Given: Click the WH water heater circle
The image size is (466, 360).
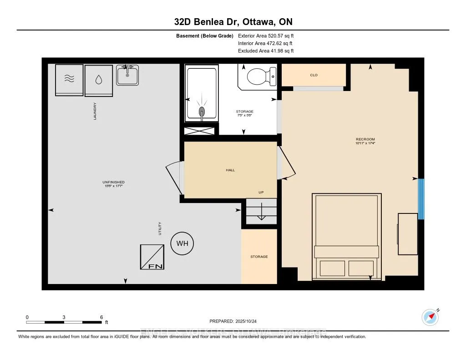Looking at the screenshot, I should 182,243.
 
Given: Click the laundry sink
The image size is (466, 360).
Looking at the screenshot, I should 127,75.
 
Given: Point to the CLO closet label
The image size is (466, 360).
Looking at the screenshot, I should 314,75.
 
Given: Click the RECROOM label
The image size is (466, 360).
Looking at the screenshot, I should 365,139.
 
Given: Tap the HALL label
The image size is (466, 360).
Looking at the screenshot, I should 230,170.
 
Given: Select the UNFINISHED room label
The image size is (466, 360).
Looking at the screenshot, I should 113,182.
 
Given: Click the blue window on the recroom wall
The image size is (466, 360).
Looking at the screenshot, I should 421,199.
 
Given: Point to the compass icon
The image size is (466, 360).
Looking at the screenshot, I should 430,317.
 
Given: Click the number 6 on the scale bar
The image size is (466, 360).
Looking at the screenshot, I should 101,317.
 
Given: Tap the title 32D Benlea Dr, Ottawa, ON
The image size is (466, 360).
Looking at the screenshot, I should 233,22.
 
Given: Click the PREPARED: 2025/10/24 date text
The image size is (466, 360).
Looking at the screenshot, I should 233,321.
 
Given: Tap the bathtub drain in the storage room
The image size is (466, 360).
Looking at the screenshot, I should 201,112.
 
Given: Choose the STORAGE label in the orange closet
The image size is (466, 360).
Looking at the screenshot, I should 259,257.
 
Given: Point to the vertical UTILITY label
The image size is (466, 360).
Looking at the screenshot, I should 160,228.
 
